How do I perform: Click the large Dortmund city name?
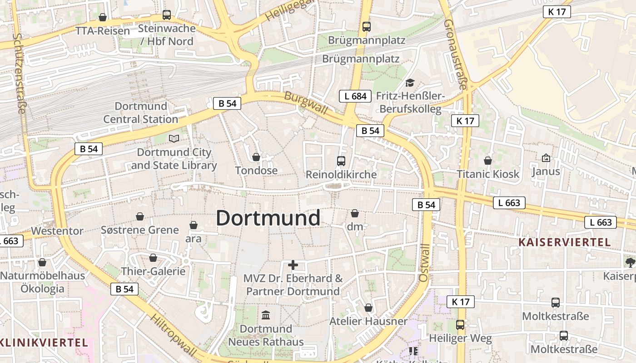pyautogui.click(x=268, y=218)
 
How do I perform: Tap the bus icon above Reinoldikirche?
pyautogui.click(x=341, y=161)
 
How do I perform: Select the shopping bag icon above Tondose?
pyautogui.click(x=256, y=157)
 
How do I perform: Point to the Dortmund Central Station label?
pyautogui.click(x=141, y=113)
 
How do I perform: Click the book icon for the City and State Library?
pyautogui.click(x=174, y=138)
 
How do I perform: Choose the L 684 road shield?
pyautogui.click(x=355, y=96)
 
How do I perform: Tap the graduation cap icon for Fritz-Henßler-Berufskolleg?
pyautogui.click(x=410, y=83)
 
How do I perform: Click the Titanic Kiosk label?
pyautogui.click(x=488, y=174)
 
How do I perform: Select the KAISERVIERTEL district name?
pyautogui.click(x=565, y=242)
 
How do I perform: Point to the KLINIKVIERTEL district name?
pyautogui.click(x=44, y=342)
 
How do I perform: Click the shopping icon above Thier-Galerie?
pyautogui.click(x=153, y=258)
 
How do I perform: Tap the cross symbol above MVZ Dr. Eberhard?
pyautogui.click(x=293, y=265)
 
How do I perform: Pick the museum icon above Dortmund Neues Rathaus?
pyautogui.click(x=266, y=314)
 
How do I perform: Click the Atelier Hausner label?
pyautogui.click(x=368, y=321)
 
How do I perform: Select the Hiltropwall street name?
pyautogui.click(x=174, y=335)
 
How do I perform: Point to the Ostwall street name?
pyautogui.click(x=424, y=262)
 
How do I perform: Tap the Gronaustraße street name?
pyautogui.click(x=455, y=54)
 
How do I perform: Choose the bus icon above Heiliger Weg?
pyautogui.click(x=460, y=324)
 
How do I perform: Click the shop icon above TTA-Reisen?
pyautogui.click(x=103, y=17)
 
